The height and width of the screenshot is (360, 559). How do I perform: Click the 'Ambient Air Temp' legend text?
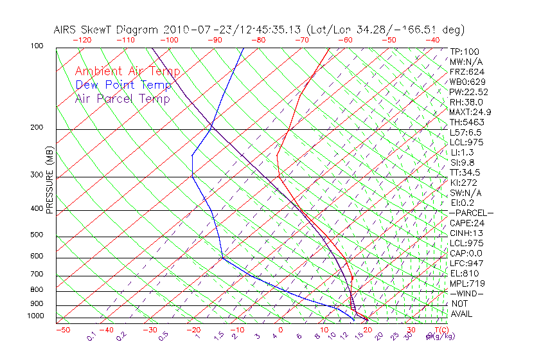click(x=127, y=71)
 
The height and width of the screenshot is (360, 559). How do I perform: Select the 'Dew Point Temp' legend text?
click(x=123, y=85)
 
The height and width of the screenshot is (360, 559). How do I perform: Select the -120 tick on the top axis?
click(x=82, y=40)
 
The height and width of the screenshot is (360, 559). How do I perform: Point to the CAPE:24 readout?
click(x=467, y=222)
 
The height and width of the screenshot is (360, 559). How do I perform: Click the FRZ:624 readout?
click(x=467, y=71)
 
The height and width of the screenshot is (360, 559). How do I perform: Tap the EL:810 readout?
click(x=465, y=273)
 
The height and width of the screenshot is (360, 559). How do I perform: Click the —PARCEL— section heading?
click(x=471, y=213)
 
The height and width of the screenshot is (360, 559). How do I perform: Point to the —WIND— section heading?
click(x=467, y=293)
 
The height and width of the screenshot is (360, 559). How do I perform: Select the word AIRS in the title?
click(x=67, y=30)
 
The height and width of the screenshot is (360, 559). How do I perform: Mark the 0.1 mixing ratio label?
click(x=91, y=337)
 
